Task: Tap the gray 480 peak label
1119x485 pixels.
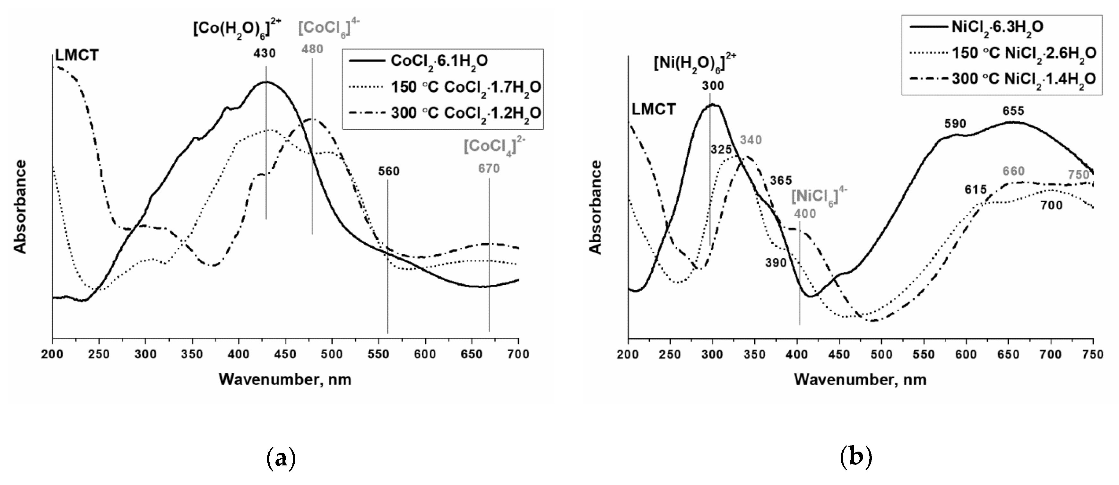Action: [x=312, y=49]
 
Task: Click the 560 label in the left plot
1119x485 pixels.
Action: [x=388, y=171]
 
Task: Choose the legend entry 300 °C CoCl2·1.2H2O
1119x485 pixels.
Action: [x=466, y=113]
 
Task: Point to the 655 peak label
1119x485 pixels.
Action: [x=1013, y=111]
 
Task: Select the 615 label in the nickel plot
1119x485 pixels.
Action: [x=976, y=189]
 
